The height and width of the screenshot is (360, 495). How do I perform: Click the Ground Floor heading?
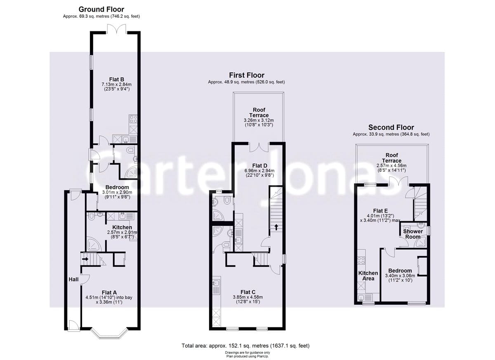coord(101,9)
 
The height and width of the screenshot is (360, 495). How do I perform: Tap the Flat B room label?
coord(116,79)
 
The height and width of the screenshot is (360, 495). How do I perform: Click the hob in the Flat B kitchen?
coord(134,119)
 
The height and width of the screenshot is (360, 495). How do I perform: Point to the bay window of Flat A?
coord(111,333)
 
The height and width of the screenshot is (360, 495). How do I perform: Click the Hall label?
coord(73,279)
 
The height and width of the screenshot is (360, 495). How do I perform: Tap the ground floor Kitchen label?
coord(122,227)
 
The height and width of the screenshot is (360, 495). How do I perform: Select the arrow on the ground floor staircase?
coord(85,259)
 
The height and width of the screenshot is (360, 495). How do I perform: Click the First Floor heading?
coord(247,75)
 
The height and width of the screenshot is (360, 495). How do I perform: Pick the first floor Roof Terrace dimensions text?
coord(259,123)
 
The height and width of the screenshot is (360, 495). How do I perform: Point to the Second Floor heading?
coord(391,127)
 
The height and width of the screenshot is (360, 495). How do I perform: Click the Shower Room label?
coord(412,234)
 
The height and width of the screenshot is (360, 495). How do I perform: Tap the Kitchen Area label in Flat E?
coord(368,276)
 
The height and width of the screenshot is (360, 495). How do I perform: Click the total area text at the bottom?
coord(245,346)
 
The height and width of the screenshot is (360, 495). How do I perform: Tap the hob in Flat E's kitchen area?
coord(360,261)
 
